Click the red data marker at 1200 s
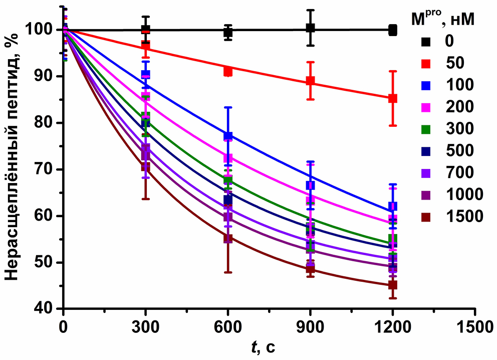[x=393, y=98]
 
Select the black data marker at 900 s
[x=310, y=28]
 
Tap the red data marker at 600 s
[x=228, y=71]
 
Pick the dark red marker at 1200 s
[x=393, y=285]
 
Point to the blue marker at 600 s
[x=228, y=136]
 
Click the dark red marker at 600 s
[x=228, y=238]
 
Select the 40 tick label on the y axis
[x=48, y=309]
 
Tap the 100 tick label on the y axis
[x=44, y=30]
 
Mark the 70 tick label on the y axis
[x=48, y=169]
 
